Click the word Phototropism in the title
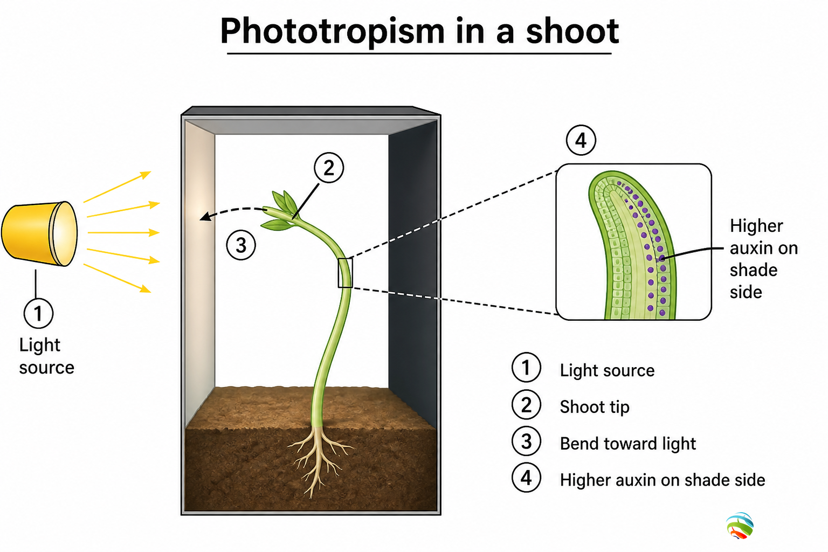click(x=332, y=32)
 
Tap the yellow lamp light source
click(x=39, y=233)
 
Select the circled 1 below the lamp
click(x=38, y=314)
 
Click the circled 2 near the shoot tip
click(x=329, y=168)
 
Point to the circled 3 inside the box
click(x=241, y=245)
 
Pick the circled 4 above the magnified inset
click(x=581, y=140)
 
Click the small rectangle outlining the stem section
click(x=345, y=273)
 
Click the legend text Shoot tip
click(x=595, y=407)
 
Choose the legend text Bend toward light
click(x=627, y=444)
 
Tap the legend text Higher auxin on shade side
click(x=663, y=480)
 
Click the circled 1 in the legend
click(x=526, y=368)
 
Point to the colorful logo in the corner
click(x=740, y=526)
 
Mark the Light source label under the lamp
click(x=46, y=356)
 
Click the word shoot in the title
click(x=572, y=32)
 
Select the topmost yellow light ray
click(x=117, y=187)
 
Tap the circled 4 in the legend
click(x=526, y=478)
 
